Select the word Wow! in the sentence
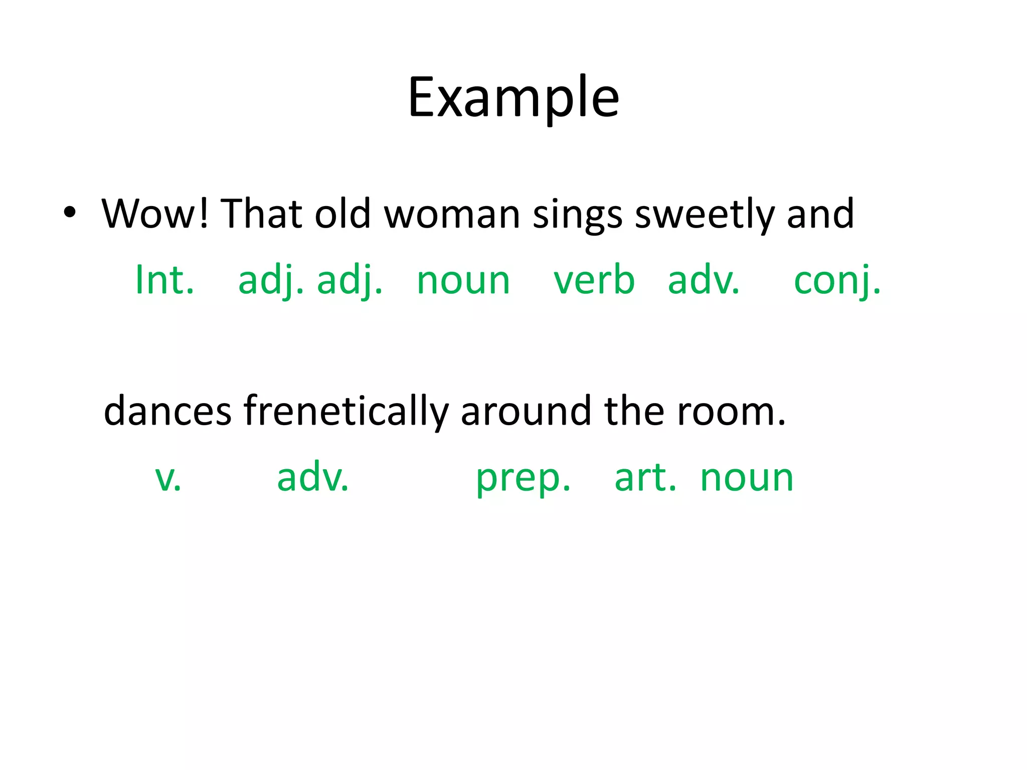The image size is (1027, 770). click(154, 214)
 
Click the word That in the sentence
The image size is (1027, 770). click(261, 214)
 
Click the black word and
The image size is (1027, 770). click(820, 214)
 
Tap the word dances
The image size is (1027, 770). click(167, 411)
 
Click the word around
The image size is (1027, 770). click(526, 411)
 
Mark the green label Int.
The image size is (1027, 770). click(164, 280)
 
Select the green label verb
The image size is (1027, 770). click(594, 280)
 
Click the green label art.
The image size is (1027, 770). click(645, 477)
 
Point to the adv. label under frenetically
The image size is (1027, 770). click(313, 477)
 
